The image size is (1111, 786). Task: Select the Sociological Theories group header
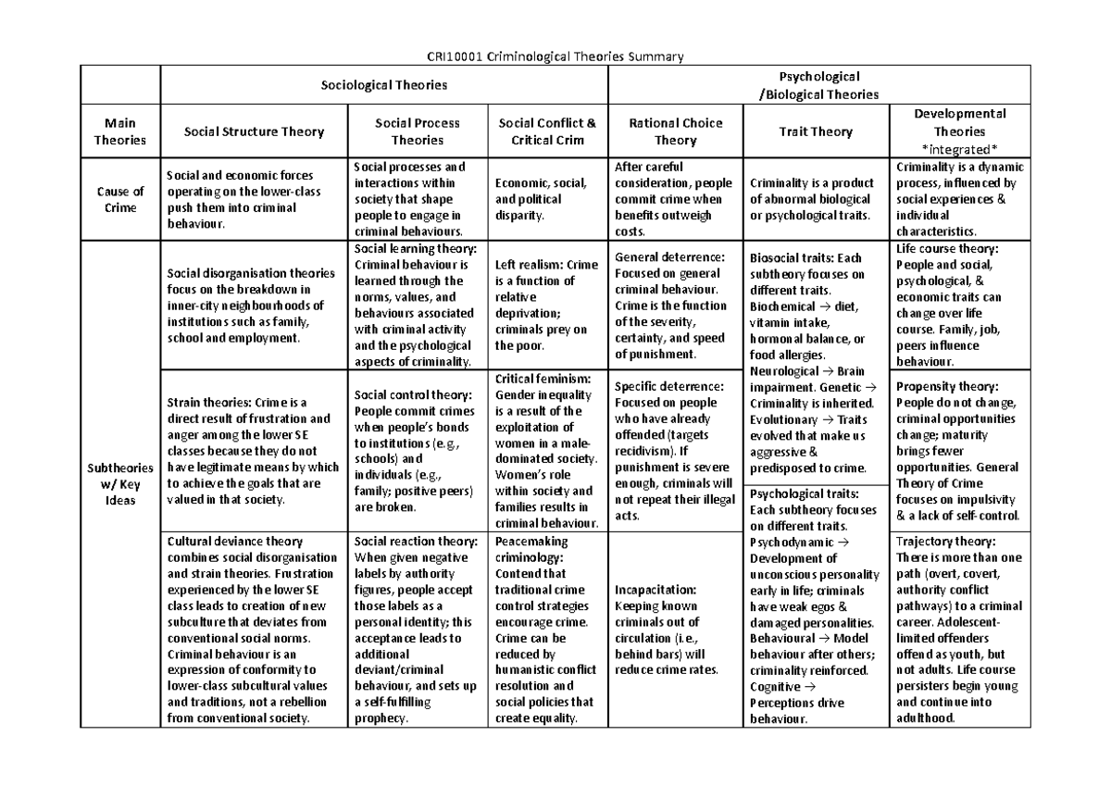pos(383,85)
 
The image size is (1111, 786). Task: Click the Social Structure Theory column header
pos(254,131)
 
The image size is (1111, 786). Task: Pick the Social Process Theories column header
pos(418,131)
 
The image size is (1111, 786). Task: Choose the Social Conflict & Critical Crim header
pos(547,131)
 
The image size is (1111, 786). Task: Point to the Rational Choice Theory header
pos(675,131)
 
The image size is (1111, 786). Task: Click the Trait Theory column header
pos(816,131)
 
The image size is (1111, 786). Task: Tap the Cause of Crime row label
pos(121,200)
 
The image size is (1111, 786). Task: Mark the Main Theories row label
pos(121,131)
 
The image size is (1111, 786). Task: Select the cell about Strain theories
pos(254,449)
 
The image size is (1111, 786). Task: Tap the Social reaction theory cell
pos(418,629)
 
